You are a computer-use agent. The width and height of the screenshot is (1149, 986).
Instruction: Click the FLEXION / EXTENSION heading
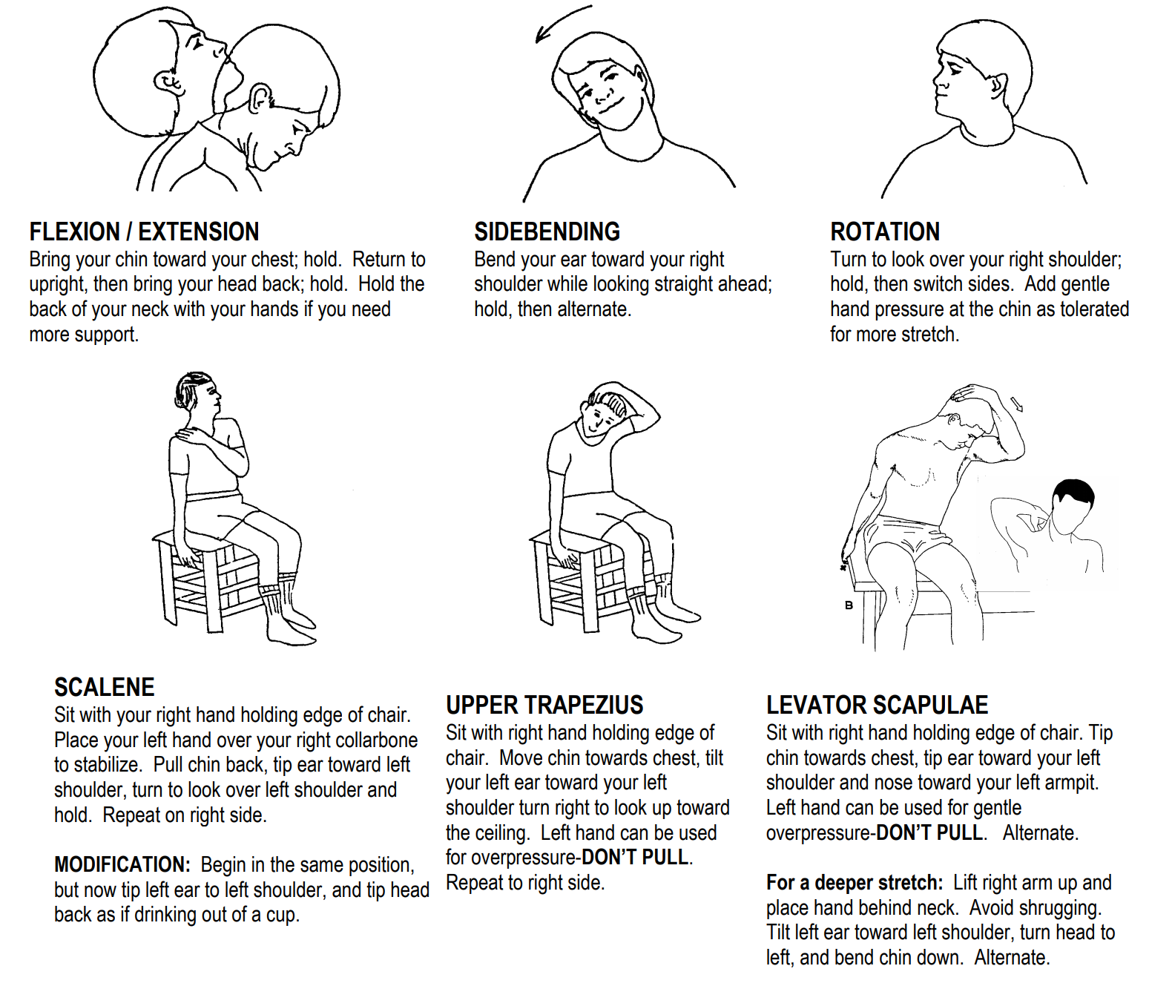click(x=144, y=231)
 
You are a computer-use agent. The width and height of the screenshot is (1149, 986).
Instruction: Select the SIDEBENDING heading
click(x=547, y=231)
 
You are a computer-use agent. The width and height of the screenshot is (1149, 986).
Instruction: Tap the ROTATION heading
click(x=884, y=231)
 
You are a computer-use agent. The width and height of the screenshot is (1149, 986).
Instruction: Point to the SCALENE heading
click(x=104, y=687)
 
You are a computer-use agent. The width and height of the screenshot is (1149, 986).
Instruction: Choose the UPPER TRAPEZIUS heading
click(x=544, y=705)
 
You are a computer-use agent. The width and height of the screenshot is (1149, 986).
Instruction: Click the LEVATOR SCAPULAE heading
click(x=877, y=705)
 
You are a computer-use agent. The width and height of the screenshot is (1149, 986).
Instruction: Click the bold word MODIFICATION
click(x=122, y=865)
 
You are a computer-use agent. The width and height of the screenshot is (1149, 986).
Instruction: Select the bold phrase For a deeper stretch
click(x=854, y=883)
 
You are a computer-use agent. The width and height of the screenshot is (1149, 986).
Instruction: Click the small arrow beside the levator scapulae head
click(x=1017, y=404)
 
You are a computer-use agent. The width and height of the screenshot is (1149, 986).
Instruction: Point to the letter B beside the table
click(x=849, y=605)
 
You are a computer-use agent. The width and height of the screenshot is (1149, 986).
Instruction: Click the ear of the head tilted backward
click(x=169, y=82)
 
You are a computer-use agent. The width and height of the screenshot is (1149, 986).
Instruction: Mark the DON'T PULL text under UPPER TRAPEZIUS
click(x=636, y=858)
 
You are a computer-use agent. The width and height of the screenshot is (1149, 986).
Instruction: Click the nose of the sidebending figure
click(x=602, y=97)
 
